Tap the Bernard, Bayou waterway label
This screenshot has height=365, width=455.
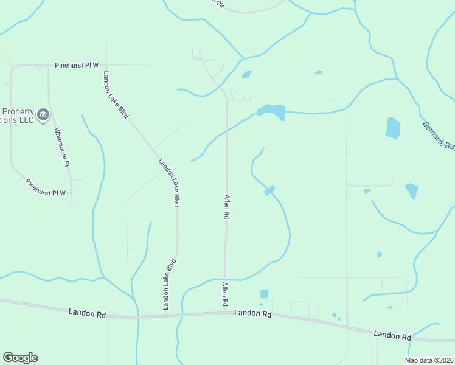coord(439,135)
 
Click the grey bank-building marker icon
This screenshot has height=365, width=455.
coord(43,115)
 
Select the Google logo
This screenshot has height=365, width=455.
coord(20,358)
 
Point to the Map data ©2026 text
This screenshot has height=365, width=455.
coord(429,360)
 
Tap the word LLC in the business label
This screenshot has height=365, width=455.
coord(25,120)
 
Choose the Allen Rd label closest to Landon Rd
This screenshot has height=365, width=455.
coord(224,294)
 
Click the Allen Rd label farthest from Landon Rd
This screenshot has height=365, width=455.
coord(226,207)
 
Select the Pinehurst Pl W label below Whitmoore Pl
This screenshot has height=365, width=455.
coord(46,188)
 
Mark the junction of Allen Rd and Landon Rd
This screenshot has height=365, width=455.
coord(225,313)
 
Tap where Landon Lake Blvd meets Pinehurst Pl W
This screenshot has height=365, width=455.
coord(106,64)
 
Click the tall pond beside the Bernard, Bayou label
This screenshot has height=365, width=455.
coord(393,128)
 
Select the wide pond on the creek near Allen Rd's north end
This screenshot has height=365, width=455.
coord(272,111)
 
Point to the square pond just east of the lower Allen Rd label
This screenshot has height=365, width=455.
coord(264,294)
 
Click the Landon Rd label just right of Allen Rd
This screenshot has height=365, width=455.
coord(252,313)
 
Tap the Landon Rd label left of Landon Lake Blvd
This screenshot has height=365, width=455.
coord(87,313)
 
